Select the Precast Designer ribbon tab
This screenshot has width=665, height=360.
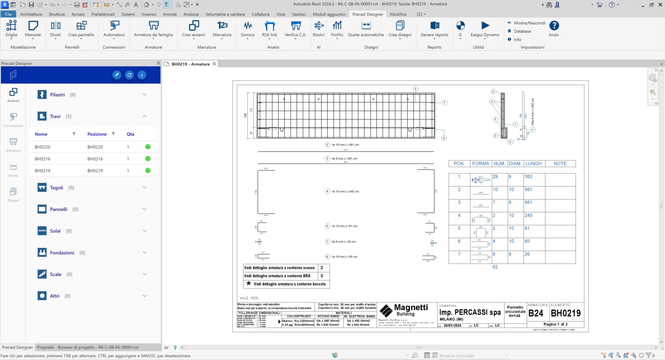(x=367, y=14)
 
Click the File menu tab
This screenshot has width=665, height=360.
(x=8, y=14)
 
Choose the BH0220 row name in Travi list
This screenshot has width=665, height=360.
(x=43, y=147)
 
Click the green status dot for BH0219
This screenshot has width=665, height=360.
(x=148, y=171)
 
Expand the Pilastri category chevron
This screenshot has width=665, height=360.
(x=144, y=94)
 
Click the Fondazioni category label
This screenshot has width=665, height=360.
(x=62, y=253)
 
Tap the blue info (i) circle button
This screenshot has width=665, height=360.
(x=142, y=75)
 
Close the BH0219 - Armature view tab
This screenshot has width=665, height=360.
(x=214, y=64)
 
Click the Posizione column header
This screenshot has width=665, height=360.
(x=97, y=134)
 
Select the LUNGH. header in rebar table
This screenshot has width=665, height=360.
(x=534, y=164)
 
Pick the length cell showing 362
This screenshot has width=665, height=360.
(x=528, y=177)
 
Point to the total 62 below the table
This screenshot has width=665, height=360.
(x=495, y=267)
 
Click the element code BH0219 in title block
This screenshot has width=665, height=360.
(x=566, y=313)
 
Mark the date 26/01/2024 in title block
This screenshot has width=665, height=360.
(x=452, y=326)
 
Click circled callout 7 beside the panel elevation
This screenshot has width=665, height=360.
(x=444, y=102)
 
